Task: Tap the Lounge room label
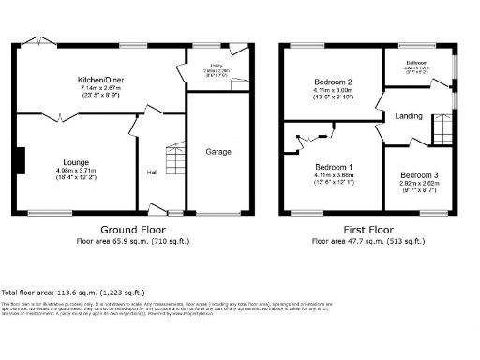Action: [x=76, y=161]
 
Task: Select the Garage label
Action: [x=217, y=152]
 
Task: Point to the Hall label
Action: [x=152, y=172]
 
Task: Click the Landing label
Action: [x=409, y=116]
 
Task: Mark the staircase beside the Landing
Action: [x=442, y=127]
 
